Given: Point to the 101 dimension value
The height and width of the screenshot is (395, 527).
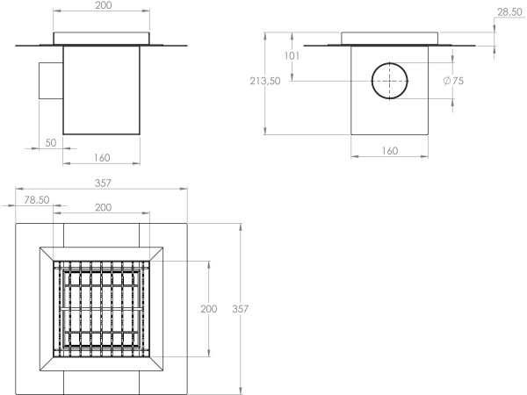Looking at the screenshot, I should (293, 56).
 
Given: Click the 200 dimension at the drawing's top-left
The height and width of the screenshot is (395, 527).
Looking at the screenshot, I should (102, 6).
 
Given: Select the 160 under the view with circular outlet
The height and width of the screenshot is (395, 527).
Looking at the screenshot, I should (390, 151).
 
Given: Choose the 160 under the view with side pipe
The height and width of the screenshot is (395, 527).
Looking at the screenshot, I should (102, 159).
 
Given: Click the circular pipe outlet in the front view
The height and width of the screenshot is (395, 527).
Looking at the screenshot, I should (388, 81).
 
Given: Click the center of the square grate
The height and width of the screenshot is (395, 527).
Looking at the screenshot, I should (103, 309).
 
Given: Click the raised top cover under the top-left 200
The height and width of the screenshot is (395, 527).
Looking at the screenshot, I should (102, 38).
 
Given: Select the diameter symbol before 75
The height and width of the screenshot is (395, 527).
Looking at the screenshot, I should (447, 81).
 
